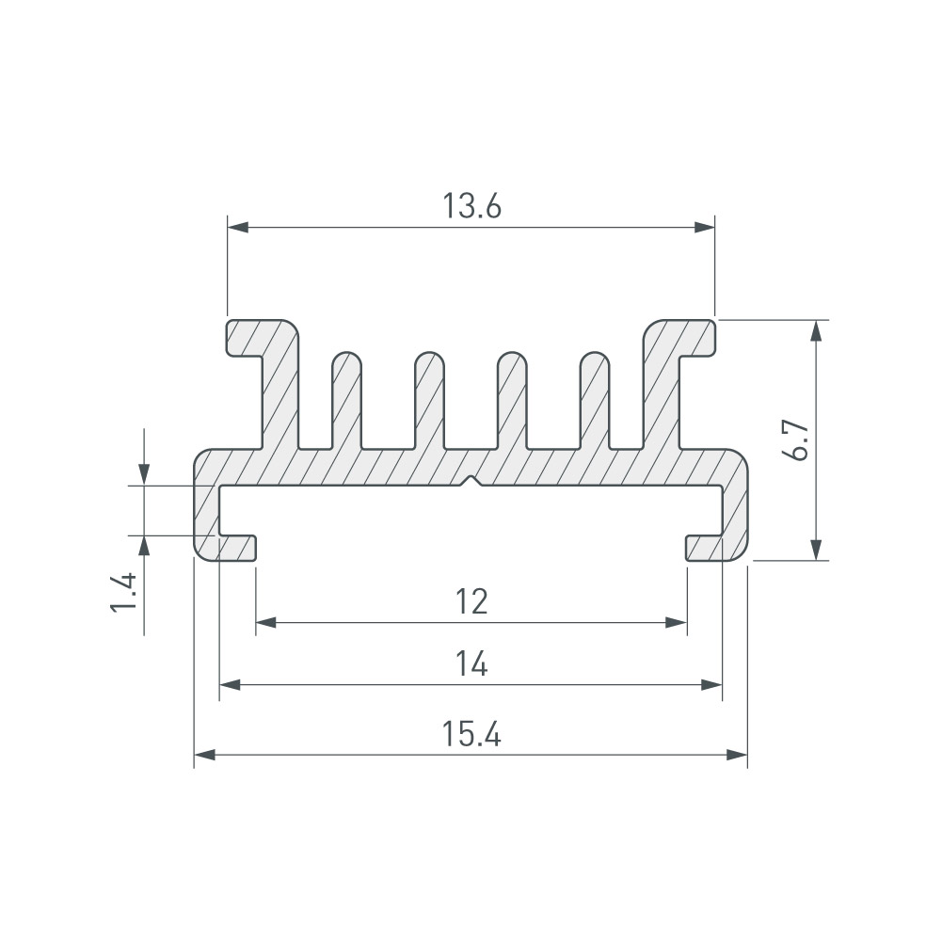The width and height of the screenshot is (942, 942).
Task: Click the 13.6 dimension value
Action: tap(471, 206)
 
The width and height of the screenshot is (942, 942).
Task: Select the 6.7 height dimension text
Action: tap(798, 440)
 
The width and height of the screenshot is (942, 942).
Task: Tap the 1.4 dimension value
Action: tap(124, 592)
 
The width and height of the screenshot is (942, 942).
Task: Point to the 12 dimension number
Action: tap(471, 601)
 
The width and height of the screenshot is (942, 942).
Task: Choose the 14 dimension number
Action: tap(471, 663)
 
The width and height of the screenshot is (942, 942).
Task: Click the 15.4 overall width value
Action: tap(471, 734)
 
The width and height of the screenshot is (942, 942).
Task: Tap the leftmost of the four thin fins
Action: tap(346, 400)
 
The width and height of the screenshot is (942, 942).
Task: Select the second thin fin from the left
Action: tap(429, 400)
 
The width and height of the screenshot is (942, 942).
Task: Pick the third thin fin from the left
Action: tap(513, 400)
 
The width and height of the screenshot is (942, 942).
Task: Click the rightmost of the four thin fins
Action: tap(596, 400)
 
